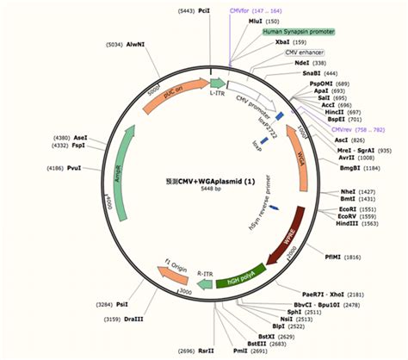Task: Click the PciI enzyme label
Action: pyautogui.click(x=204, y=11)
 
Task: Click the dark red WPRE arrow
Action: pyautogui.click(x=283, y=230)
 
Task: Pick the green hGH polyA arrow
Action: pyautogui.click(x=240, y=278)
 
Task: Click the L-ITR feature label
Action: pyautogui.click(x=219, y=78)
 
